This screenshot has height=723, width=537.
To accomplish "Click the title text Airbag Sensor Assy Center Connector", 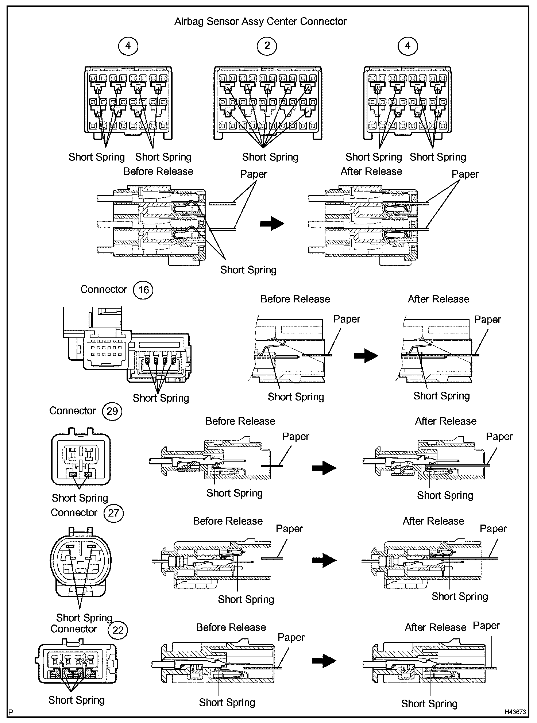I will click(260, 22).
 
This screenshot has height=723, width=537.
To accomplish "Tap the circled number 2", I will click(267, 46).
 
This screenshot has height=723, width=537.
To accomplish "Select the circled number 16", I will click(143, 290).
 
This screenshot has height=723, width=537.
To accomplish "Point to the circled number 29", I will click(112, 411).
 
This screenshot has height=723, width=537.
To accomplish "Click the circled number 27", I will click(113, 513).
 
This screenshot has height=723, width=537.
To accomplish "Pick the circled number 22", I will click(118, 630).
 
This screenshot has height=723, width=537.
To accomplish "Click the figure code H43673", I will click(515, 711).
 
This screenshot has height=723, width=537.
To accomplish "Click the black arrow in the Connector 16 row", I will click(366, 355).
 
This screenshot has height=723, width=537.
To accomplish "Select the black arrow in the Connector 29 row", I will click(324, 468).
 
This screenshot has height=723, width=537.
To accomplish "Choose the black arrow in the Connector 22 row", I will click(324, 661).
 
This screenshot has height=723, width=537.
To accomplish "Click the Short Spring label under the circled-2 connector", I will click(270, 157).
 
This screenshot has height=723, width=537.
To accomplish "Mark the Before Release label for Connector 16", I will click(295, 299).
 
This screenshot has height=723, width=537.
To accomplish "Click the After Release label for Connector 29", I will click(445, 421).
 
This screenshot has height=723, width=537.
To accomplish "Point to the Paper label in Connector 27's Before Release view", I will click(289, 529).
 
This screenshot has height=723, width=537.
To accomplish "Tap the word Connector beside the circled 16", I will click(104, 290).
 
